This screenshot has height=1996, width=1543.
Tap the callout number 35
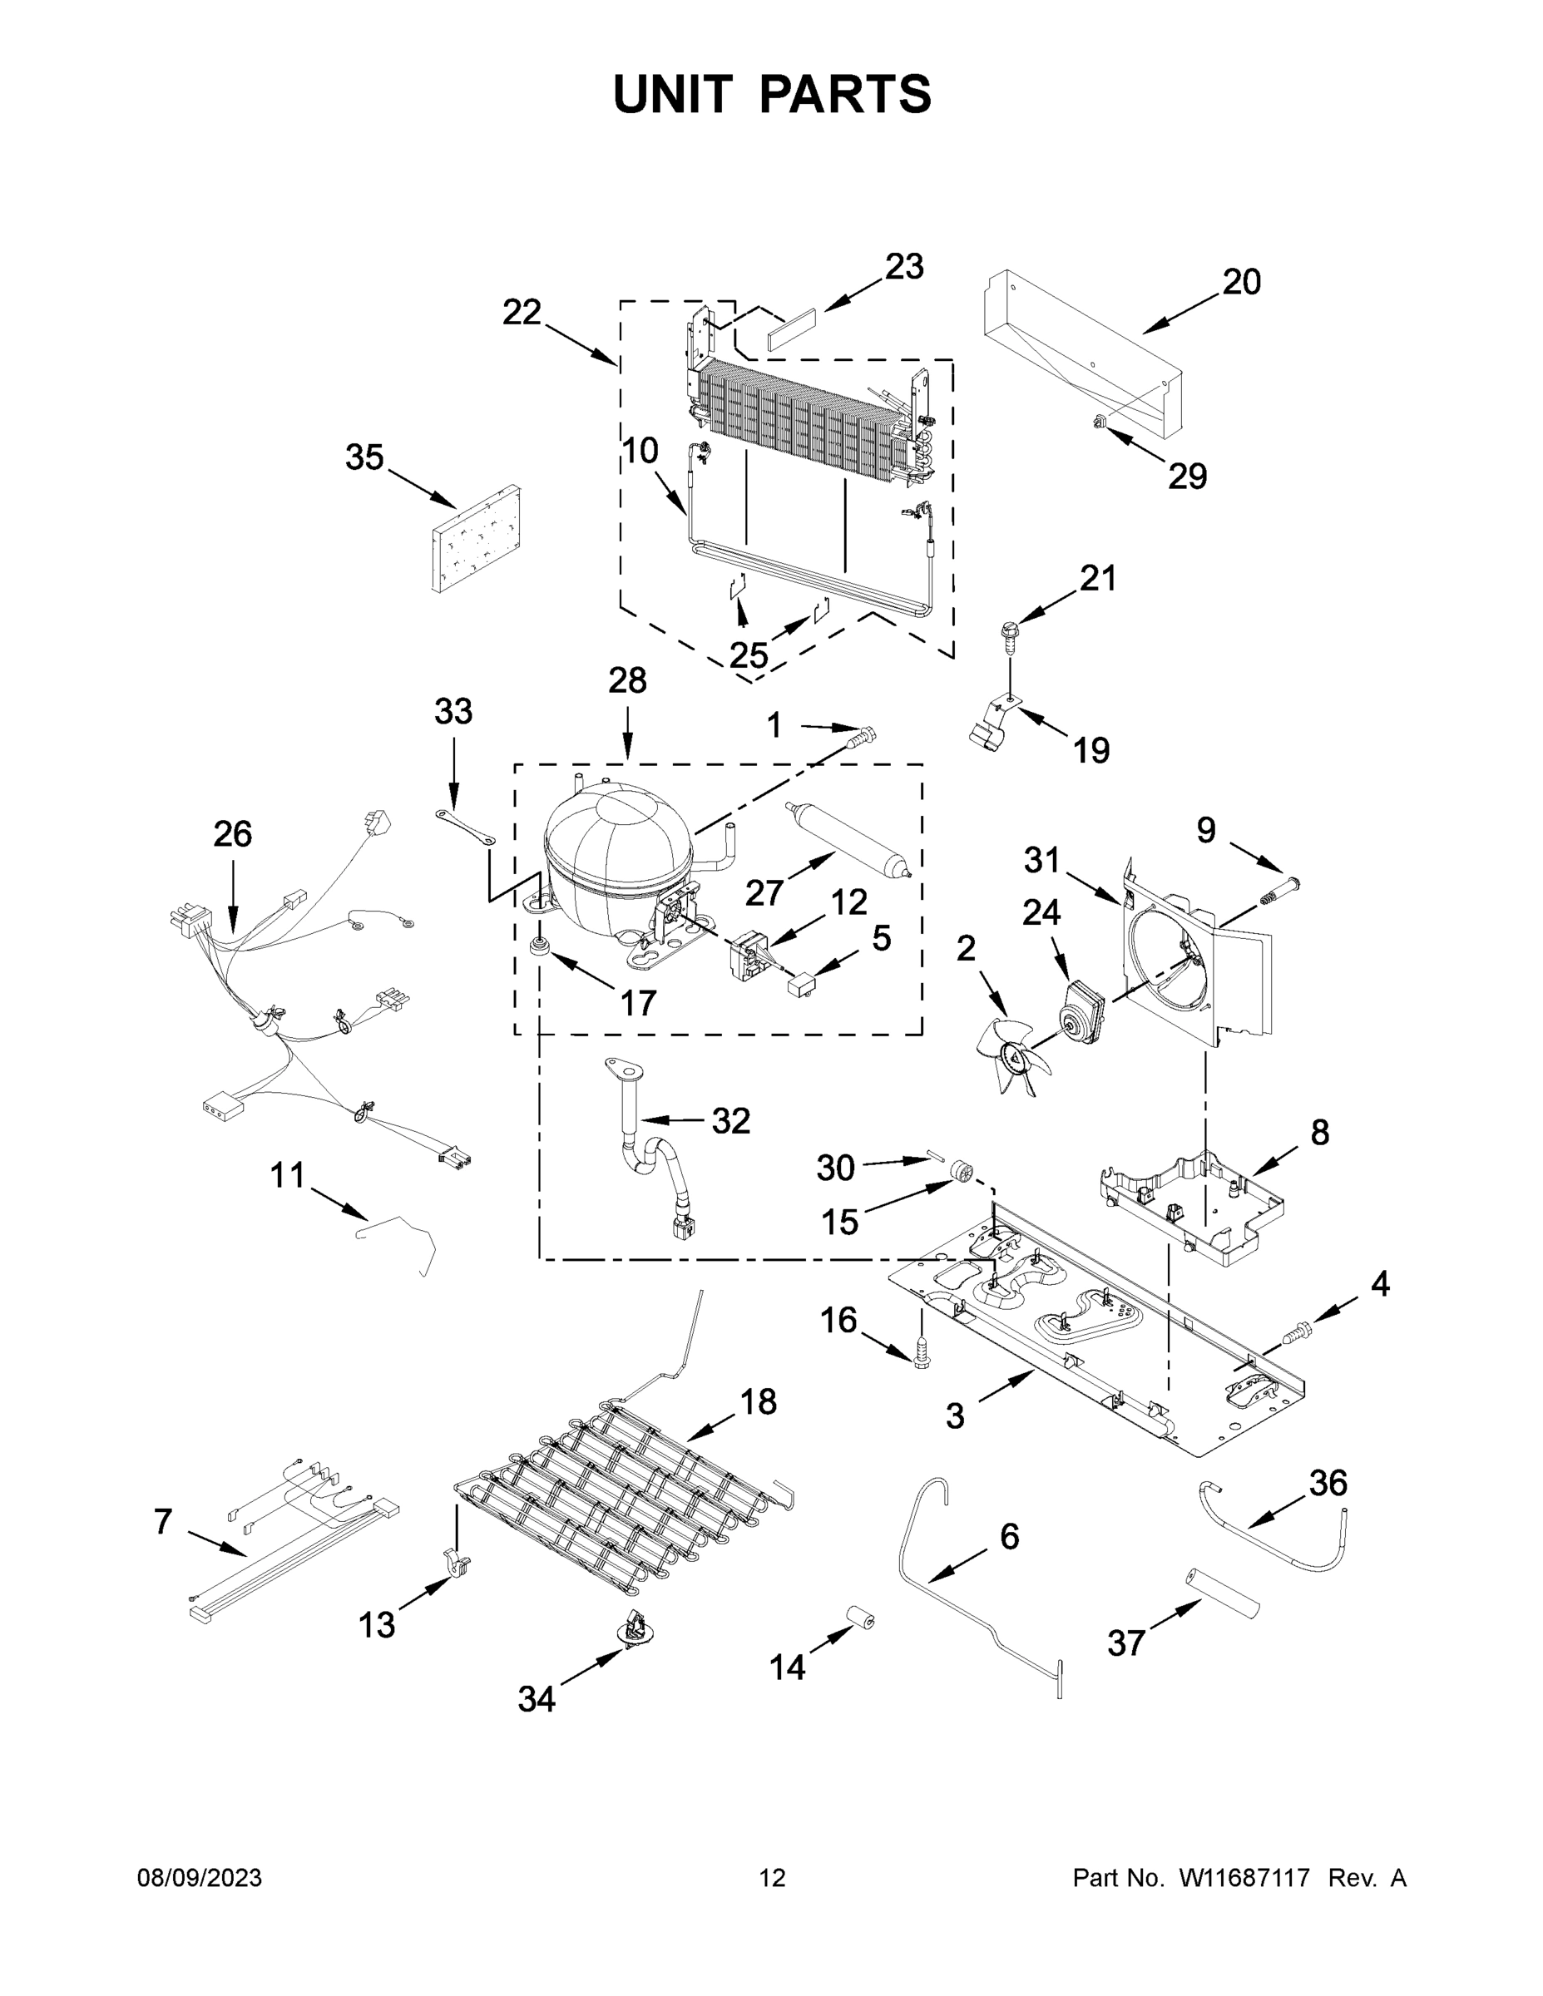click(x=363, y=457)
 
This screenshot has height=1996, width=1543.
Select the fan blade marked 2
click(x=1014, y=1055)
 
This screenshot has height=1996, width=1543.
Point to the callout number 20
click(x=1241, y=281)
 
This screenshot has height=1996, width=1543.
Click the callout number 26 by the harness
click(x=232, y=834)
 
